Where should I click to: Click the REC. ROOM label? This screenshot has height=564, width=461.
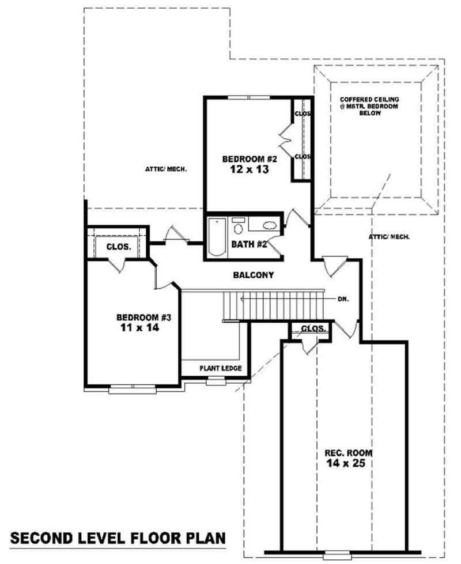(345, 453)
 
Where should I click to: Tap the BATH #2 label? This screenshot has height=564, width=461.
(249, 244)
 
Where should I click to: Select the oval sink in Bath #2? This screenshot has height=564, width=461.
(269, 225)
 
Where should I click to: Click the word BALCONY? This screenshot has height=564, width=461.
(253, 275)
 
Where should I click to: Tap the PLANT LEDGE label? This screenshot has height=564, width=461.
(220, 368)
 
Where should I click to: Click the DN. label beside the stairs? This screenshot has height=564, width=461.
(343, 300)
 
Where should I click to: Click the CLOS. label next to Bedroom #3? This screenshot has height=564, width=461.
(118, 247)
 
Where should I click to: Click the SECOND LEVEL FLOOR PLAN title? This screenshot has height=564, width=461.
(118, 539)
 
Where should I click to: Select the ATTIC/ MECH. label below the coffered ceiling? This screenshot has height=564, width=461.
(389, 237)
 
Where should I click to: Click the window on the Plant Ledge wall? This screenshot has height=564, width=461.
(216, 380)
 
